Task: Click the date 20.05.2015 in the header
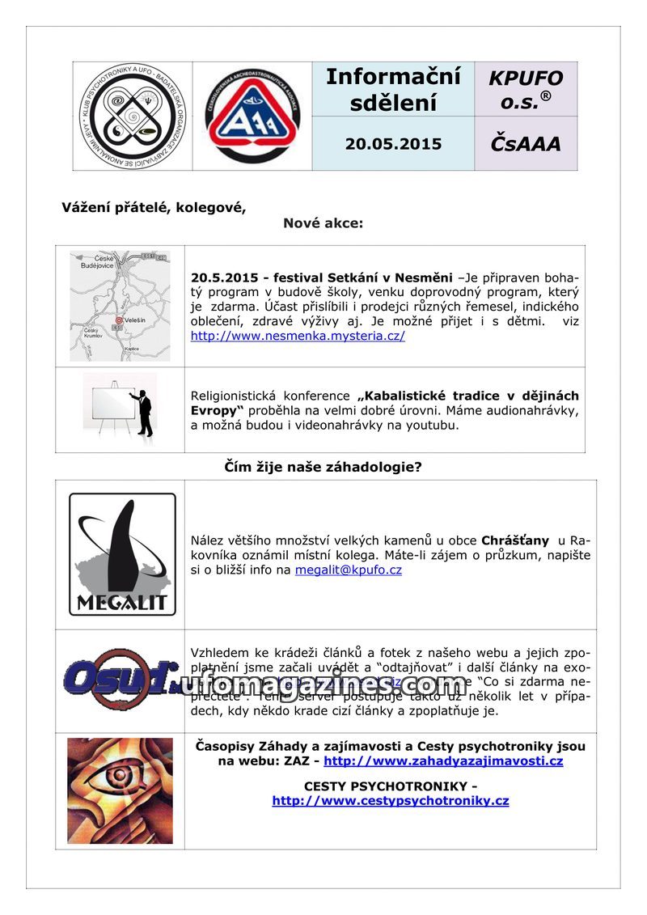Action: click(393, 144)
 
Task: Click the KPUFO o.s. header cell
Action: click(526, 90)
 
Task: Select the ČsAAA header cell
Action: click(526, 144)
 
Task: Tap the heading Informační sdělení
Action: click(393, 90)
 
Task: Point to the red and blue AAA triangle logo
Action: click(252, 116)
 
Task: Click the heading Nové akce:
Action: click(323, 223)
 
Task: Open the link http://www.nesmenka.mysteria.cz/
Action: click(298, 336)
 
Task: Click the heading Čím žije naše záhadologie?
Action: click(323, 468)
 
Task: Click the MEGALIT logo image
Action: click(122, 554)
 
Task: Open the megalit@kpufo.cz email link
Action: click(348, 570)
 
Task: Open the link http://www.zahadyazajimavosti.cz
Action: click(443, 761)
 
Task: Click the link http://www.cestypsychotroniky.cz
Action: click(391, 801)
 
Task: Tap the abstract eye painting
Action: click(120, 790)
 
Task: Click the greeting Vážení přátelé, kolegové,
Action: click(154, 207)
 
